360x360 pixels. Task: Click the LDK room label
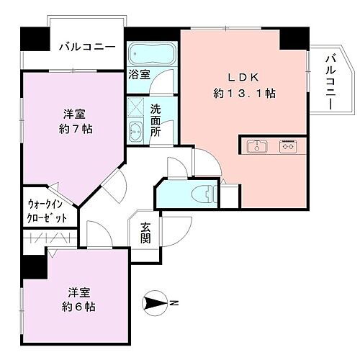tap(240, 77)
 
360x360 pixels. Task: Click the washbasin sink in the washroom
tap(137, 131)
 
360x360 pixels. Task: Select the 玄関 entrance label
tap(145, 233)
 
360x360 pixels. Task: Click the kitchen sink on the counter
tap(256, 147)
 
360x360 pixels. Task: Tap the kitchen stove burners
tap(289, 147)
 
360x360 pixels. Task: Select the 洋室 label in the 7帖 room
tap(74, 114)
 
